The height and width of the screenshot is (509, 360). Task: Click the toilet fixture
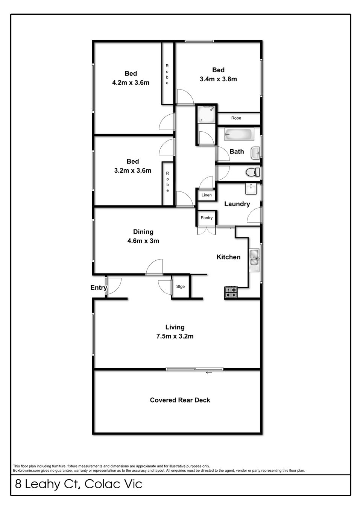pyautogui.click(x=252, y=172)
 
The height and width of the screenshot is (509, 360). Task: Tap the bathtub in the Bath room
pyautogui.click(x=239, y=134)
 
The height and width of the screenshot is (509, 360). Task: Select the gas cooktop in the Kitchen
pyautogui.click(x=231, y=292)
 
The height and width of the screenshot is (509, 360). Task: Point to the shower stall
pyautogui.click(x=206, y=114)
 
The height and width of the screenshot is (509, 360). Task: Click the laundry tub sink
pyautogui.click(x=251, y=189)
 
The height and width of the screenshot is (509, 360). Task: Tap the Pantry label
pyautogui.click(x=207, y=218)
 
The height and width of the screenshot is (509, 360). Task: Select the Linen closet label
pyautogui.click(x=207, y=195)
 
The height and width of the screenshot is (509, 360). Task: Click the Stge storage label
pyautogui.click(x=181, y=287)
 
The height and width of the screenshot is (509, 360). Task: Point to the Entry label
pyautogui.click(x=99, y=288)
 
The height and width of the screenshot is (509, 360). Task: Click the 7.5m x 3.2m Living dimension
pyautogui.click(x=175, y=336)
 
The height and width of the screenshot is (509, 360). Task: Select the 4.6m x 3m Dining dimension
pyautogui.click(x=143, y=241)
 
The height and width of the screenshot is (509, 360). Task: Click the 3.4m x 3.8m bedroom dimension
pyautogui.click(x=218, y=79)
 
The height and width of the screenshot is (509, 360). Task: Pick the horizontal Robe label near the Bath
pyautogui.click(x=236, y=118)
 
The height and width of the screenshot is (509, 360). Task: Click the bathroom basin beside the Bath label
pyautogui.click(x=255, y=153)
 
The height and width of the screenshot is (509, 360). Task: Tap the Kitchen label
pyautogui.click(x=228, y=257)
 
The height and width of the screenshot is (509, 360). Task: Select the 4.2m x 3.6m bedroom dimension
pyautogui.click(x=131, y=82)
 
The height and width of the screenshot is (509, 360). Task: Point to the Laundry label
pyautogui.click(x=237, y=204)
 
